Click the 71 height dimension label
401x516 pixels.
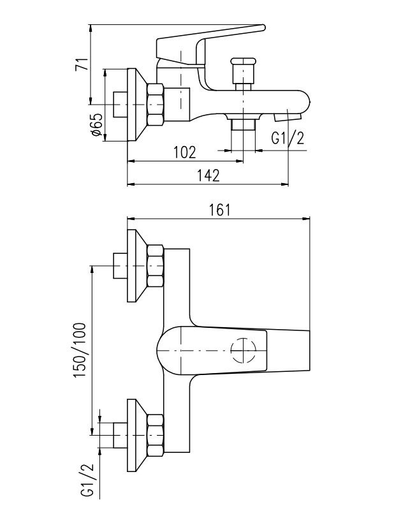(x=82, y=64)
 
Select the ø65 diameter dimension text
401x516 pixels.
(x=96, y=124)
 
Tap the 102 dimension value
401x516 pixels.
(x=184, y=152)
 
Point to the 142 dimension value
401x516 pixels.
(x=208, y=176)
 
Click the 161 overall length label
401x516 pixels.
(x=220, y=210)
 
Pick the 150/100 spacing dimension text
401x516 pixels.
(x=80, y=350)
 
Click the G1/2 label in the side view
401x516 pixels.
(x=288, y=138)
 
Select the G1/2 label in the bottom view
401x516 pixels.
(x=87, y=481)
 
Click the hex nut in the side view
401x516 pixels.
(x=156, y=105)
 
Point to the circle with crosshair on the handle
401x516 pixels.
(x=244, y=350)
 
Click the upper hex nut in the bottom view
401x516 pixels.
(x=156, y=266)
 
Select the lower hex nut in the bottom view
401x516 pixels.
(x=156, y=435)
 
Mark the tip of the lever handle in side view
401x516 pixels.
(x=264, y=27)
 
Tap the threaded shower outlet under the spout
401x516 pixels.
(x=244, y=125)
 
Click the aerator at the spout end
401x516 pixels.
(x=288, y=117)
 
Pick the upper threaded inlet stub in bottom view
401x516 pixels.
(x=120, y=266)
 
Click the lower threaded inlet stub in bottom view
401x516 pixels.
(x=120, y=435)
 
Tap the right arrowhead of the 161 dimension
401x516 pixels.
(x=307, y=219)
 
